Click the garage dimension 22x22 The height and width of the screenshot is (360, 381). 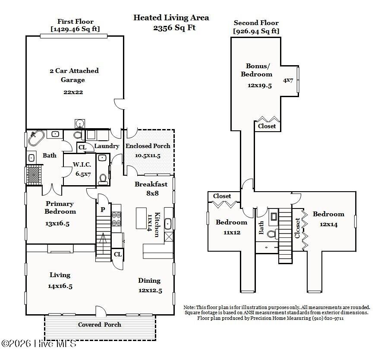73,92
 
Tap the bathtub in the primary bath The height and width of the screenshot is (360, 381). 36,138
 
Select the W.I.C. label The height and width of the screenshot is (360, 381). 82,164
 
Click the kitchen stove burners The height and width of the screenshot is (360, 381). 117,219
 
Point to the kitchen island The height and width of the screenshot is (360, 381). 141,218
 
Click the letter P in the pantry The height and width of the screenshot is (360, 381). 103,209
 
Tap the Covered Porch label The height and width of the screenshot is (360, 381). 100,325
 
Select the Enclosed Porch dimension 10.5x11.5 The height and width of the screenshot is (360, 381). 148,155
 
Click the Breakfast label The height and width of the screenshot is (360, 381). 151,184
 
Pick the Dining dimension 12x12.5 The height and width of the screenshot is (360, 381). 151,291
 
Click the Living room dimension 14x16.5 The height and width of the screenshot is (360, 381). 60,286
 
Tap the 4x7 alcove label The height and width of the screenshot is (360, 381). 288,80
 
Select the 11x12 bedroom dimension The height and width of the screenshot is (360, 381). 232,233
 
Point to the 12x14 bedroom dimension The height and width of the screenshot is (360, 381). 328,224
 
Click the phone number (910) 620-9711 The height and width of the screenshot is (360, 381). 328,318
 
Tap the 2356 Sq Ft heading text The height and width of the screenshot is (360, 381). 174,28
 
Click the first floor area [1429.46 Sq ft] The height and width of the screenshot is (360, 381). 76,29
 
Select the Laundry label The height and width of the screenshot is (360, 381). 107,146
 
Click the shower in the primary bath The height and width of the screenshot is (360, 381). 34,174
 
